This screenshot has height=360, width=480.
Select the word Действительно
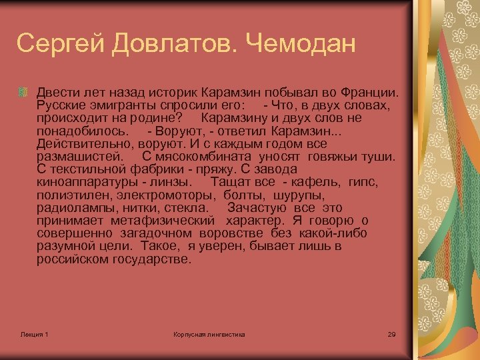click(86, 144)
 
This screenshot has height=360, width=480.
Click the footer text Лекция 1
click(34, 333)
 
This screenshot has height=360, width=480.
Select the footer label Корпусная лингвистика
click(209, 333)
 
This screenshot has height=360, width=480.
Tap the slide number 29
click(391, 333)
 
